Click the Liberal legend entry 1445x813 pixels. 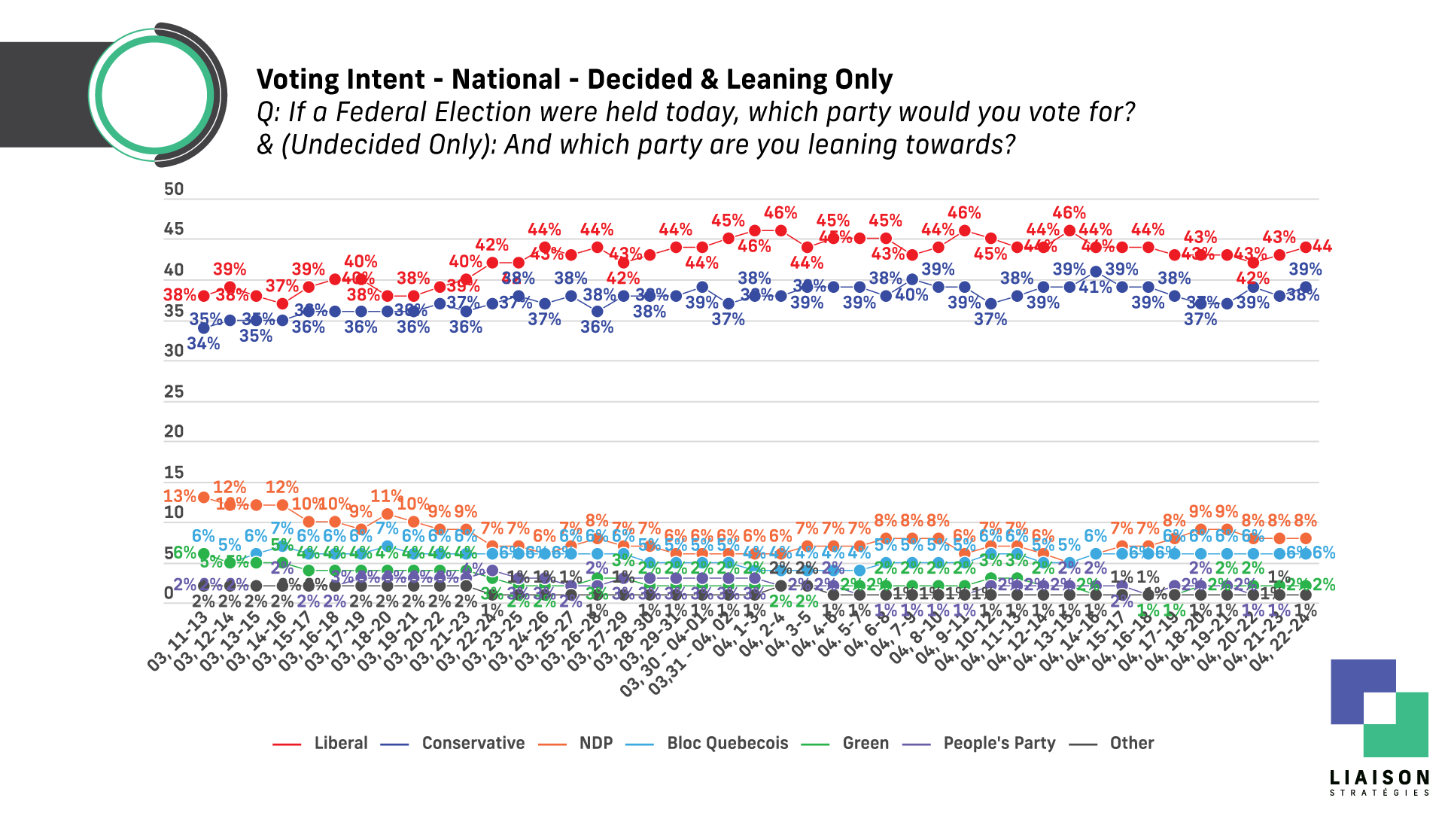coord(340,743)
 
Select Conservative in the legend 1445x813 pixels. coord(473,743)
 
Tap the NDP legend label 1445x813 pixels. coord(595,743)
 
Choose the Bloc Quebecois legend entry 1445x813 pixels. coord(727,743)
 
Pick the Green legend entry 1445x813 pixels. coord(865,743)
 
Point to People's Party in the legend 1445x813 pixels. coord(999,743)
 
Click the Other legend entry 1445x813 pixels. coord(1131,743)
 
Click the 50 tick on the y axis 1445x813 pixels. coord(174,189)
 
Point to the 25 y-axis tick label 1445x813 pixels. coord(174,391)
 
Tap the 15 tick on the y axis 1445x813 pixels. coord(174,472)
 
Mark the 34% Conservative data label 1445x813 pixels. coord(203,344)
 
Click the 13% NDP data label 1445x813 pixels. coord(179,496)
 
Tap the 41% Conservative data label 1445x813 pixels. coord(1095,288)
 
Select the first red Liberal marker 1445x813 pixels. coord(203,296)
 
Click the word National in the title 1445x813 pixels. coord(506,79)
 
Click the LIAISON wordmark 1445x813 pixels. coord(1379,778)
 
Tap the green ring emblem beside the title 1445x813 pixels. coord(154,96)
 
